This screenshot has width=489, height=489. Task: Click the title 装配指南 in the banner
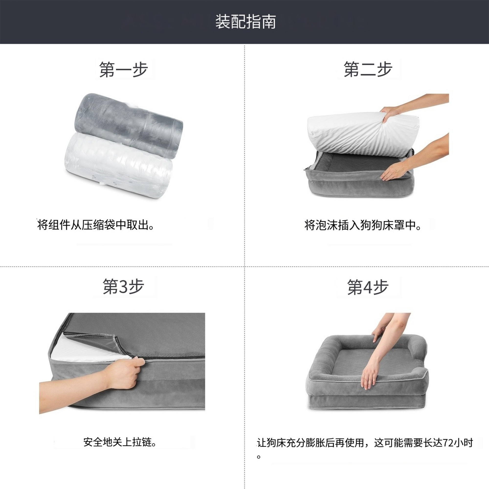pyautogui.click(x=245, y=22)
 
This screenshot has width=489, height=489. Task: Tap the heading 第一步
pyautogui.click(x=123, y=69)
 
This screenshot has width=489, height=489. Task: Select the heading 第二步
pyautogui.click(x=368, y=69)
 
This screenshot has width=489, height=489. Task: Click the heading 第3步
pyautogui.click(x=123, y=287)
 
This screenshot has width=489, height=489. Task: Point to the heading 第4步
pyautogui.click(x=368, y=287)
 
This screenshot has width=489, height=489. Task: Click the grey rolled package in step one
pyautogui.click(x=129, y=124)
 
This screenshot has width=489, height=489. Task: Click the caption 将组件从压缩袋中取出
pyautogui.click(x=96, y=225)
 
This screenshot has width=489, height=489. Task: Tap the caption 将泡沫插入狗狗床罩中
pyautogui.click(x=363, y=225)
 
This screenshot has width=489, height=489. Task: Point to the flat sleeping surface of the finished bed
pyautogui.click(x=365, y=362)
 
